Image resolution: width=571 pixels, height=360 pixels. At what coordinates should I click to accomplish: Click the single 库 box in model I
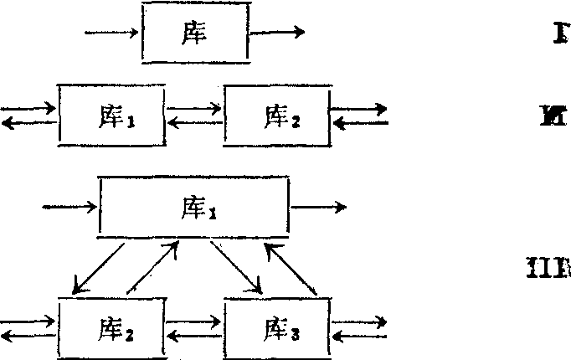pos(195,33)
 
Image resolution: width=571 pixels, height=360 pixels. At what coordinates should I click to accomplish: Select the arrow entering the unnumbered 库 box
pos(113,34)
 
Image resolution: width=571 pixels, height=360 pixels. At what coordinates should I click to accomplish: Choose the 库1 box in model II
pos(111,115)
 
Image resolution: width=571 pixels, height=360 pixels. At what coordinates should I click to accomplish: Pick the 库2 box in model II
pos(277,115)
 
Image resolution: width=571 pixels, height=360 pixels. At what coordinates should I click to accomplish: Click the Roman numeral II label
pos(555,114)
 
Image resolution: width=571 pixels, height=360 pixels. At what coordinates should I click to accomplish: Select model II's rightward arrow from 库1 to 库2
pos(194,108)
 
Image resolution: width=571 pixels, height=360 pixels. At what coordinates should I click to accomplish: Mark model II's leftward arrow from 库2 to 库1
pos(194,123)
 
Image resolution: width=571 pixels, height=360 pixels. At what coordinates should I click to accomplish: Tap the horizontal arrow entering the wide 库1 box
pos(69,207)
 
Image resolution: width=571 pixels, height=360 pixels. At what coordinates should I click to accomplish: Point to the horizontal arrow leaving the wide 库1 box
pos(316,207)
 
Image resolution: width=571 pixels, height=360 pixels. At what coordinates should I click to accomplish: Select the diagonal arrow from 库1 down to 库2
pos(99,268)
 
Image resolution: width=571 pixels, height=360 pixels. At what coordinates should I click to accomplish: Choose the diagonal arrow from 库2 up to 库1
pos(153,266)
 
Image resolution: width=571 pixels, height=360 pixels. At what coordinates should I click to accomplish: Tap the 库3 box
pos(277,327)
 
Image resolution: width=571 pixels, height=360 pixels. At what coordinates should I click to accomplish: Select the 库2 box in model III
pos(111,327)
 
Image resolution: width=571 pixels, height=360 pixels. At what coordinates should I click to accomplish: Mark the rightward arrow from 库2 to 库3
pos(194,320)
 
